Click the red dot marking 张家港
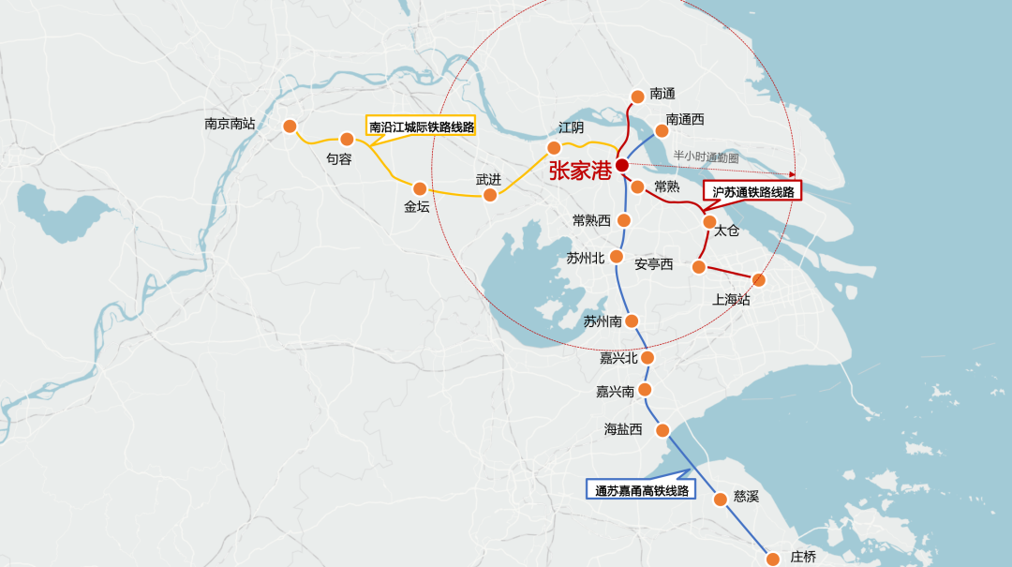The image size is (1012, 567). [622, 165]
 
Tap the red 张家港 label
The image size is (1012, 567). [580, 171]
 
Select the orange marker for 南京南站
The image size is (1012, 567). [290, 127]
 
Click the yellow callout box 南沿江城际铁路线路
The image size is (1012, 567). [421, 127]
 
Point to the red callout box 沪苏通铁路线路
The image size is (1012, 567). [752, 191]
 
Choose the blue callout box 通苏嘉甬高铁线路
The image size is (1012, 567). [641, 489]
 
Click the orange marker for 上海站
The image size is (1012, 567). [758, 279]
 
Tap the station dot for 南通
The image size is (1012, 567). [638, 96]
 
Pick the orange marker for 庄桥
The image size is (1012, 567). [773, 559]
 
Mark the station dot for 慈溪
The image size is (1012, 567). [720, 499]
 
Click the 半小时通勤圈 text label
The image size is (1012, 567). [706, 157]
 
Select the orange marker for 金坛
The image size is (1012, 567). [419, 188]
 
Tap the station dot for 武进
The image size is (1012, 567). [489, 195]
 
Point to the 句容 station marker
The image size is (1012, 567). [347, 140]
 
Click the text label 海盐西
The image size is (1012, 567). [623, 429]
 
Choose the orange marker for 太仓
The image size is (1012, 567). [709, 222]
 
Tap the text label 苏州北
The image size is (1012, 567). [586, 258]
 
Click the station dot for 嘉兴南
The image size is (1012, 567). [644, 390]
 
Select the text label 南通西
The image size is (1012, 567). [685, 120]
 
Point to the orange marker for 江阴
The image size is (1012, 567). [554, 148]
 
